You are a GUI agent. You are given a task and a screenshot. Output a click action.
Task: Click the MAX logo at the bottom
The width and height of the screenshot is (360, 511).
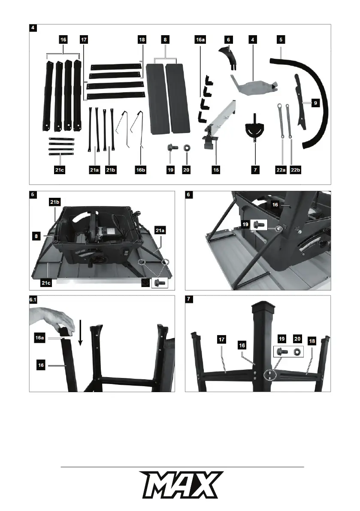[x=180, y=485]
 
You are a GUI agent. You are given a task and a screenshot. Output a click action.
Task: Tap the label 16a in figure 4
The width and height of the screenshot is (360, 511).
[x=200, y=39]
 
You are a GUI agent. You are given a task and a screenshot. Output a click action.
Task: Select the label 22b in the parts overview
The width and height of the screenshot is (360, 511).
[x=295, y=170]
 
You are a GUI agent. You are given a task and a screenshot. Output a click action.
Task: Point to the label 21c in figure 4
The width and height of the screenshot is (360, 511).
[x=60, y=170]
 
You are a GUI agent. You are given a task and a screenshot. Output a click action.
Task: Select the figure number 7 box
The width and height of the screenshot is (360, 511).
[x=190, y=300]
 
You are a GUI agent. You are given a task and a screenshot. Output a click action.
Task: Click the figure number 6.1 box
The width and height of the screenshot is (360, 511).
[x=33, y=300]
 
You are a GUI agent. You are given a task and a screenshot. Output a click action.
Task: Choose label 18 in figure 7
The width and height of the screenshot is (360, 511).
[x=312, y=341]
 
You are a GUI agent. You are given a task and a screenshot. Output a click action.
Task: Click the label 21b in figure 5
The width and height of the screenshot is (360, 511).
[x=54, y=201]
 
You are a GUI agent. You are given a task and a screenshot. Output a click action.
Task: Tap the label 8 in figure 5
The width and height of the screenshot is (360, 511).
[x=38, y=235]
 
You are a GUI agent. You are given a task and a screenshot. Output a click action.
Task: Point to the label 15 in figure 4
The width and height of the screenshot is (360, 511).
[x=216, y=170]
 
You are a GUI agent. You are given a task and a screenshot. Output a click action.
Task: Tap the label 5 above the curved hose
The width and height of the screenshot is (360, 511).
[x=281, y=39]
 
